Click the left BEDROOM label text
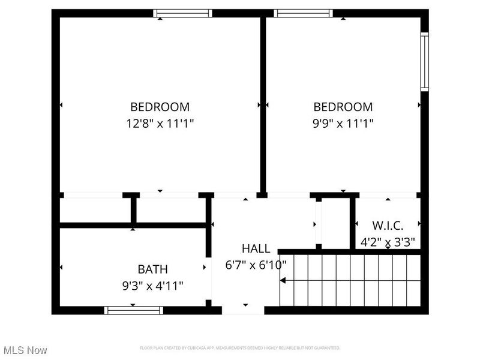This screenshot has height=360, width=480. pyautogui.click(x=160, y=107)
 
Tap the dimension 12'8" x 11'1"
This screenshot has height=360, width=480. pyautogui.click(x=160, y=124)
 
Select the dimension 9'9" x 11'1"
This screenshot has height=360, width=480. pyautogui.click(x=343, y=124)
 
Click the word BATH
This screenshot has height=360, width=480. pyautogui.click(x=152, y=269)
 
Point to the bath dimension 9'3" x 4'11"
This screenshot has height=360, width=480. pyautogui.click(x=152, y=286)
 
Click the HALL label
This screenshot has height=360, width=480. pyautogui.click(x=256, y=248)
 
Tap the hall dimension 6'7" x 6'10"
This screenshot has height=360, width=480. pyautogui.click(x=256, y=265)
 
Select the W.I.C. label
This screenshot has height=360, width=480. pyautogui.click(x=388, y=226)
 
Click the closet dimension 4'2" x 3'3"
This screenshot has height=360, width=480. pyautogui.click(x=388, y=242)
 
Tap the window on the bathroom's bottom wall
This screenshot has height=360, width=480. pyautogui.click(x=133, y=310)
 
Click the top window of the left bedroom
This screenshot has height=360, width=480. pyautogui.click(x=182, y=13)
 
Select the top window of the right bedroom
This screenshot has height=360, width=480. pyautogui.click(x=303, y=13)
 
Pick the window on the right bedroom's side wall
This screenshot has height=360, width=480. pyautogui.click(x=424, y=61)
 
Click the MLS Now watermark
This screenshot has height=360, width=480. pyautogui.click(x=25, y=350)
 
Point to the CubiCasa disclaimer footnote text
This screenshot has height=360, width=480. pyautogui.click(x=240, y=348)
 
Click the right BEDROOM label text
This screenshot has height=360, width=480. pyautogui.click(x=343, y=107)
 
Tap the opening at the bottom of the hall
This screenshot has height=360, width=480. pyautogui.click(x=243, y=310)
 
